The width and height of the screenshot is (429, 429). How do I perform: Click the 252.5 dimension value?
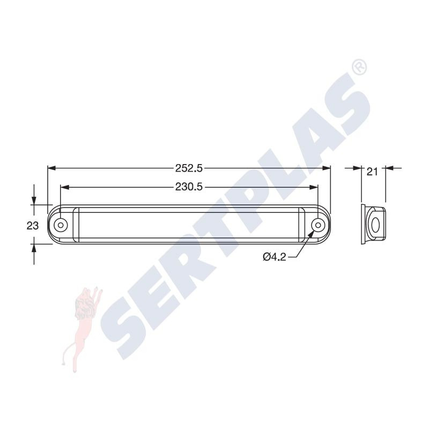189,168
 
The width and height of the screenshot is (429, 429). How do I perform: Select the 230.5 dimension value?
189,187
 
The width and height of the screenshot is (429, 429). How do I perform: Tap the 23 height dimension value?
33,226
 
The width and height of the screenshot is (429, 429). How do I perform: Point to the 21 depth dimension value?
373,172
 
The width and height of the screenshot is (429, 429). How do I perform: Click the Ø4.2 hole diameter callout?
274,257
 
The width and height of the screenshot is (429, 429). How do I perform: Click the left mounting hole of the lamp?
62,224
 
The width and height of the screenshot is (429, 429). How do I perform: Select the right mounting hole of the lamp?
318,224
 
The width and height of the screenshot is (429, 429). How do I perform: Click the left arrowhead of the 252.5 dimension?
51,168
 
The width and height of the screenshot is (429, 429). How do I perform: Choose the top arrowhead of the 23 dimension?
34,201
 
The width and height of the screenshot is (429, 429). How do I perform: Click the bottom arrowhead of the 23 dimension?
34,247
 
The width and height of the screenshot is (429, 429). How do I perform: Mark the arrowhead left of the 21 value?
358,168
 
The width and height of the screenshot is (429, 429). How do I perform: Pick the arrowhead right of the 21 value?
389,168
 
